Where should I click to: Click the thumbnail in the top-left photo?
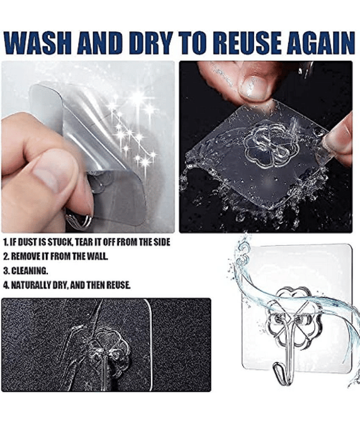coord(51,176)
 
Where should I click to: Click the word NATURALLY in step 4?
coord(31,285)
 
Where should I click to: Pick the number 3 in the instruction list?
coord(6,271)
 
